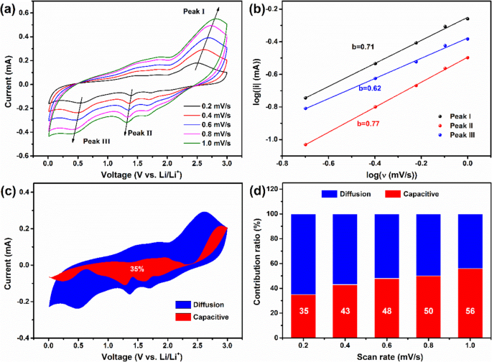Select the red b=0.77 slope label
(368, 123)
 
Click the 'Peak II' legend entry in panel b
(453, 124)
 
